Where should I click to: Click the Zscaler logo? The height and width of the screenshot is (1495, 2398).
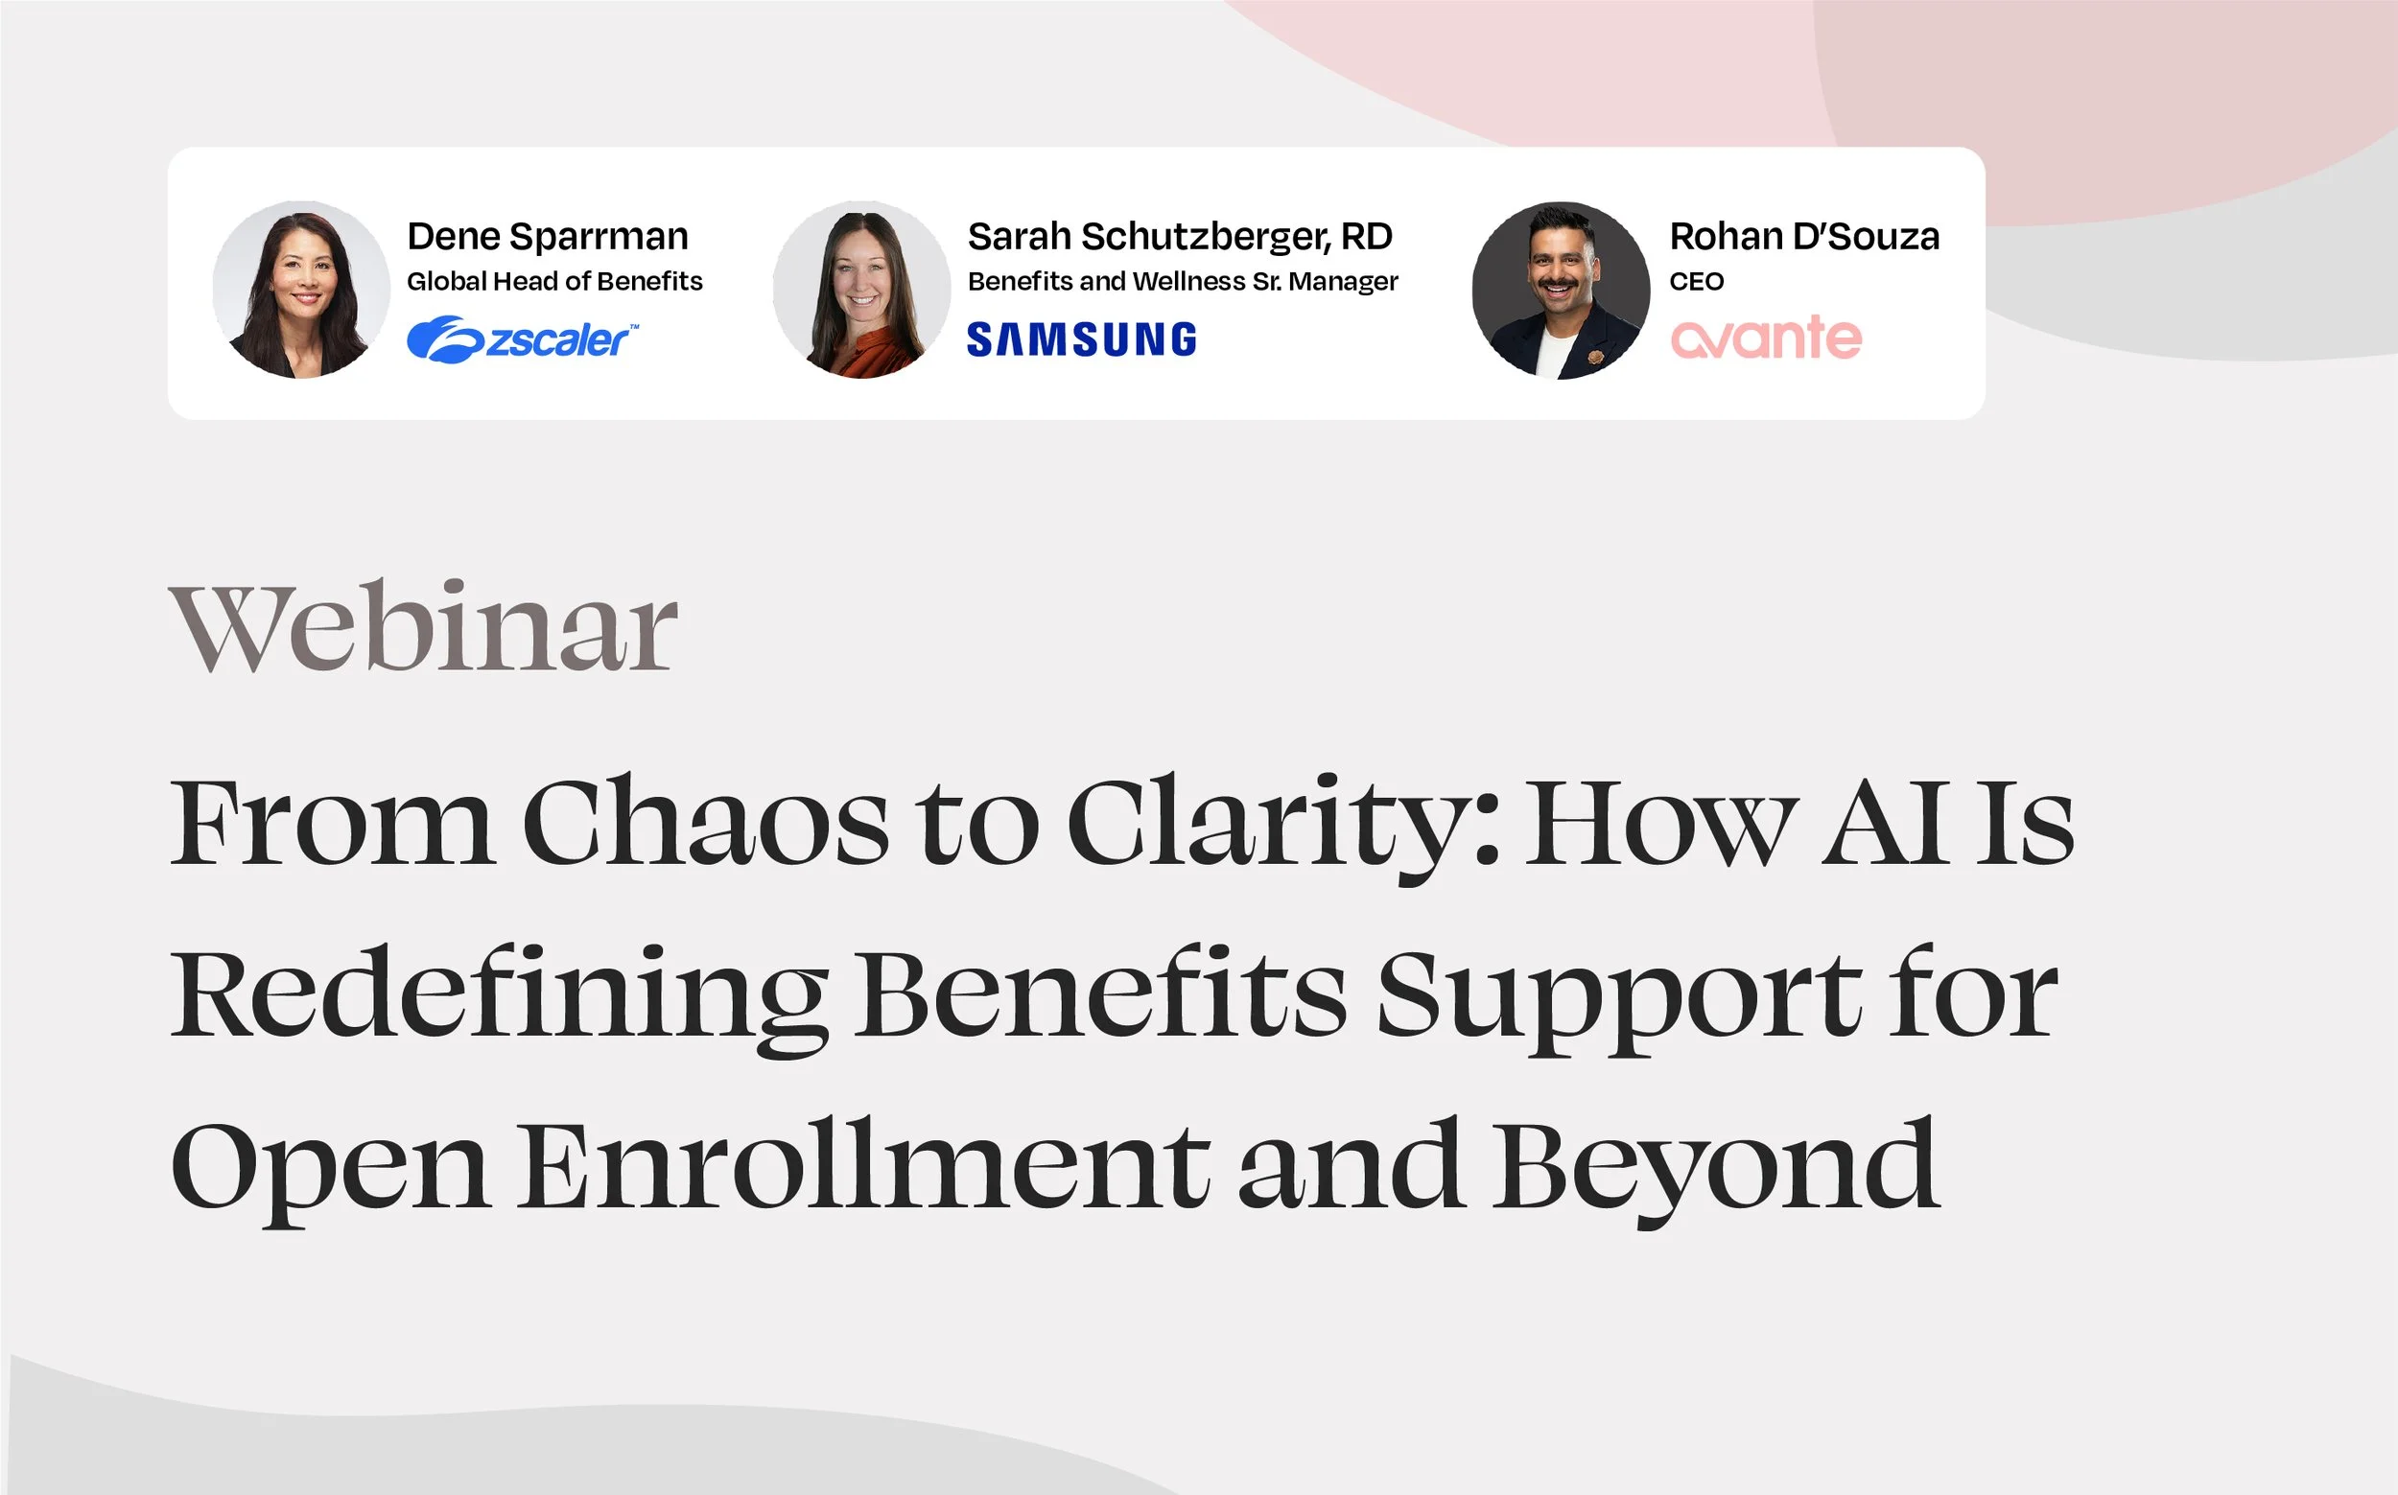(x=522, y=339)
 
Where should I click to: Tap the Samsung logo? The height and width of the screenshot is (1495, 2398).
(x=1081, y=339)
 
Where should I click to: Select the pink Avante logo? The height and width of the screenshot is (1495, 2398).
(x=1765, y=339)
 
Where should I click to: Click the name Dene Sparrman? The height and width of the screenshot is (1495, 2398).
(x=547, y=236)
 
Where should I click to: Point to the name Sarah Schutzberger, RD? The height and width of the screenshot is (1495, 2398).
(x=1179, y=236)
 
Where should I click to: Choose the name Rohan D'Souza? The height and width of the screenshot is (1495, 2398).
(x=1803, y=236)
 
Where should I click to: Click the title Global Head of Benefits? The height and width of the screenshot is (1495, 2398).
(x=553, y=282)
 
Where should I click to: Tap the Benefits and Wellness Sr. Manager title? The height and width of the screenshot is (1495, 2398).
(x=1182, y=282)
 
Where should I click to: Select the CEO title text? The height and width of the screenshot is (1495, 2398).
(x=1696, y=282)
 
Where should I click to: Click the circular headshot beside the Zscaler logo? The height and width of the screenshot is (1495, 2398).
(x=300, y=290)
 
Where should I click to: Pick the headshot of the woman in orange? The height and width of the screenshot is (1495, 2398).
(x=861, y=290)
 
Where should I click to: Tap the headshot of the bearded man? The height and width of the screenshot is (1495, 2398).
(x=1560, y=290)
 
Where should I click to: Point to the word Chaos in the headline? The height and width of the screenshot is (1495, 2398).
(x=704, y=823)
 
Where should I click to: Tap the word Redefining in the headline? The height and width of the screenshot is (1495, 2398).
(x=499, y=994)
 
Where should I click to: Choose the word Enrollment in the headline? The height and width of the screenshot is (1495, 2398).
(x=863, y=1165)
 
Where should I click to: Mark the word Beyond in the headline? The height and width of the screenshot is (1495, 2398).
(x=1715, y=1165)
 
